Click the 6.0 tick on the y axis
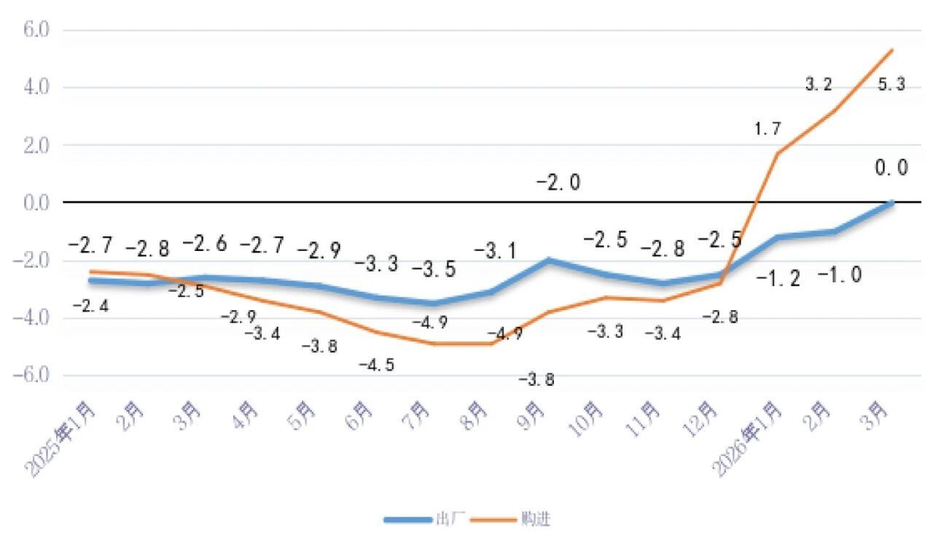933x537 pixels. [34, 31]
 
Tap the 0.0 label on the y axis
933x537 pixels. [34, 203]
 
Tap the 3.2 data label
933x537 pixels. [819, 85]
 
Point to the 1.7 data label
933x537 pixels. [768, 130]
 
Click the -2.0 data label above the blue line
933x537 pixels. [558, 182]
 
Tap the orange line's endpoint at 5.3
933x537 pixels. [892, 50]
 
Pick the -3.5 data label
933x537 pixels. [434, 268]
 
